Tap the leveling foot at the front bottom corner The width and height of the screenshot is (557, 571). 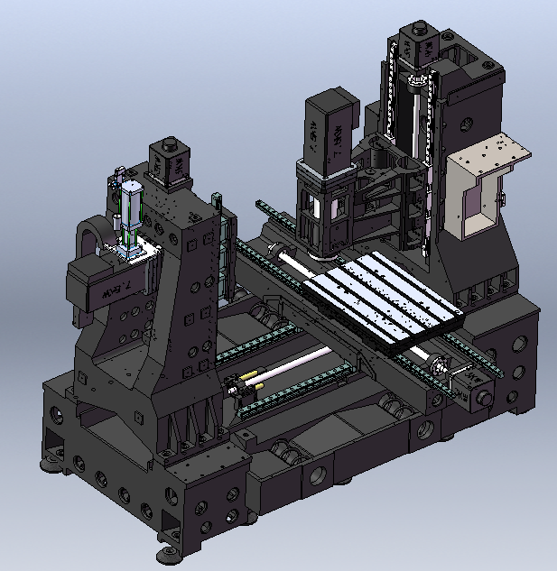[x=166, y=551]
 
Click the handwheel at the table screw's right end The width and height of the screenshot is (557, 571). [x=440, y=369]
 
